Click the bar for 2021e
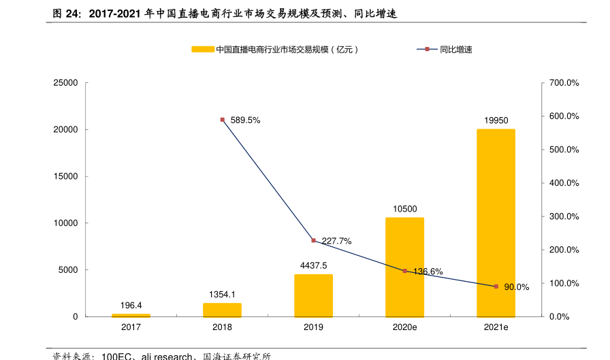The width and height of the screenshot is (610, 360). click(x=496, y=223)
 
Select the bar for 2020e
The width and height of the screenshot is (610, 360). click(x=404, y=267)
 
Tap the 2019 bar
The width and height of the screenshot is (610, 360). click(x=313, y=295)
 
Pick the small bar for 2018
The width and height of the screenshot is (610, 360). click(x=222, y=310)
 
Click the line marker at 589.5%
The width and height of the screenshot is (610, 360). click(x=222, y=120)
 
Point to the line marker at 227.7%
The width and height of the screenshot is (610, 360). click(x=313, y=240)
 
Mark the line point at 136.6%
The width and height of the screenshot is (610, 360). click(x=404, y=271)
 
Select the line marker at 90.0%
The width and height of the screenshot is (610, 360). click(x=496, y=287)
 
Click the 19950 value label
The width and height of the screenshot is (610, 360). click(x=496, y=120)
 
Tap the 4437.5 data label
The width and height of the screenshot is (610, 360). click(x=313, y=265)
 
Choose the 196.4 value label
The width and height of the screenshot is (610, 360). click(x=131, y=306)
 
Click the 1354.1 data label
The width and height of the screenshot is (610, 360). click(x=222, y=294)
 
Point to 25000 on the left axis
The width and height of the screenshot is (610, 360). click(x=65, y=83)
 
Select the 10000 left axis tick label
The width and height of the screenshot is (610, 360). click(x=65, y=223)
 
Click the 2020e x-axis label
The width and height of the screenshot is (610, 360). click(x=404, y=327)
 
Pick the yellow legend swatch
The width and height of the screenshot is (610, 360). click(x=202, y=50)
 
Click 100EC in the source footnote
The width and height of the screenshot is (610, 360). click(x=116, y=356)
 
